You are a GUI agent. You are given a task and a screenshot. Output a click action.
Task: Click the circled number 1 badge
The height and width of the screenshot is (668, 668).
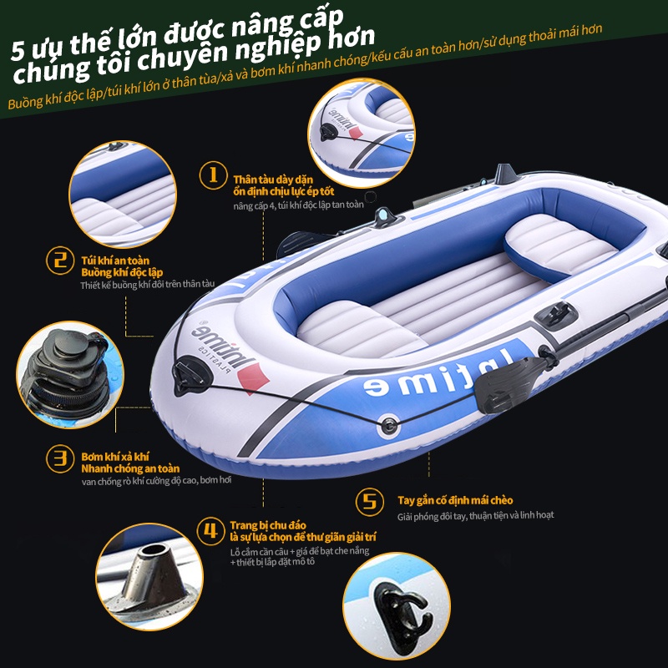pos(213,175)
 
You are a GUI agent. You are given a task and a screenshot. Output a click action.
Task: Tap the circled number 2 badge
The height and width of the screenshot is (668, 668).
pos(60,261)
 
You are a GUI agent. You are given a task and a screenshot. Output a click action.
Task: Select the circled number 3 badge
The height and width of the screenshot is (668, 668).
pos(60,458)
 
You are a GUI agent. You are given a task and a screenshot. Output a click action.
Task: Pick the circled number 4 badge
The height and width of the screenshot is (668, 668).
pos(210,531)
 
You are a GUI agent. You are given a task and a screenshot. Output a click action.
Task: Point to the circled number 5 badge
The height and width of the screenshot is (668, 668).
pos(369,502)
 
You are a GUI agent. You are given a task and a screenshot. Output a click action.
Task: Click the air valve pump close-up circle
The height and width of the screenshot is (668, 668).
pos(70,375)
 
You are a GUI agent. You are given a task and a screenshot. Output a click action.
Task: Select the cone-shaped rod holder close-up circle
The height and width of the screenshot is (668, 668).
pos(149,577)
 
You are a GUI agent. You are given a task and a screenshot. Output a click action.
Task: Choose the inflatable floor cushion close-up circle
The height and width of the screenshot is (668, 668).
pos(123,195)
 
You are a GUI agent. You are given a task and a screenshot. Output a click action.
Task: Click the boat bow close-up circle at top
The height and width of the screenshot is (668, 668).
pos(362,133)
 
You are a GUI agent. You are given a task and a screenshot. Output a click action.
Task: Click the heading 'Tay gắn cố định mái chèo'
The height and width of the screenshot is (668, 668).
pos(455,500)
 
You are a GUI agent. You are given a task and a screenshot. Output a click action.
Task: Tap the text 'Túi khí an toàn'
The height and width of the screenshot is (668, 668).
pos(115,261)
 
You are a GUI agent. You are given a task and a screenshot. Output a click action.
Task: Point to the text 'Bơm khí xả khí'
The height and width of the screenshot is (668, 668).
pos(114,457)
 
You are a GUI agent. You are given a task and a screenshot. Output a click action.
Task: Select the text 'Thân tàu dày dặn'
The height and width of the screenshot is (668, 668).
pos(273,180)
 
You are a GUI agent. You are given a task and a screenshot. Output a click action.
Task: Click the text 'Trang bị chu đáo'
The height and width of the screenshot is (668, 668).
pos(267,525)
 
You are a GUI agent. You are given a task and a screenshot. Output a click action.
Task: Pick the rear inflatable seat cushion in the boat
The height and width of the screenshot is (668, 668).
pos(560,246)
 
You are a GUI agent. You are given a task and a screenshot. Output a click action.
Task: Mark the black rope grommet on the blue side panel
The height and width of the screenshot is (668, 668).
pos(389,425)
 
